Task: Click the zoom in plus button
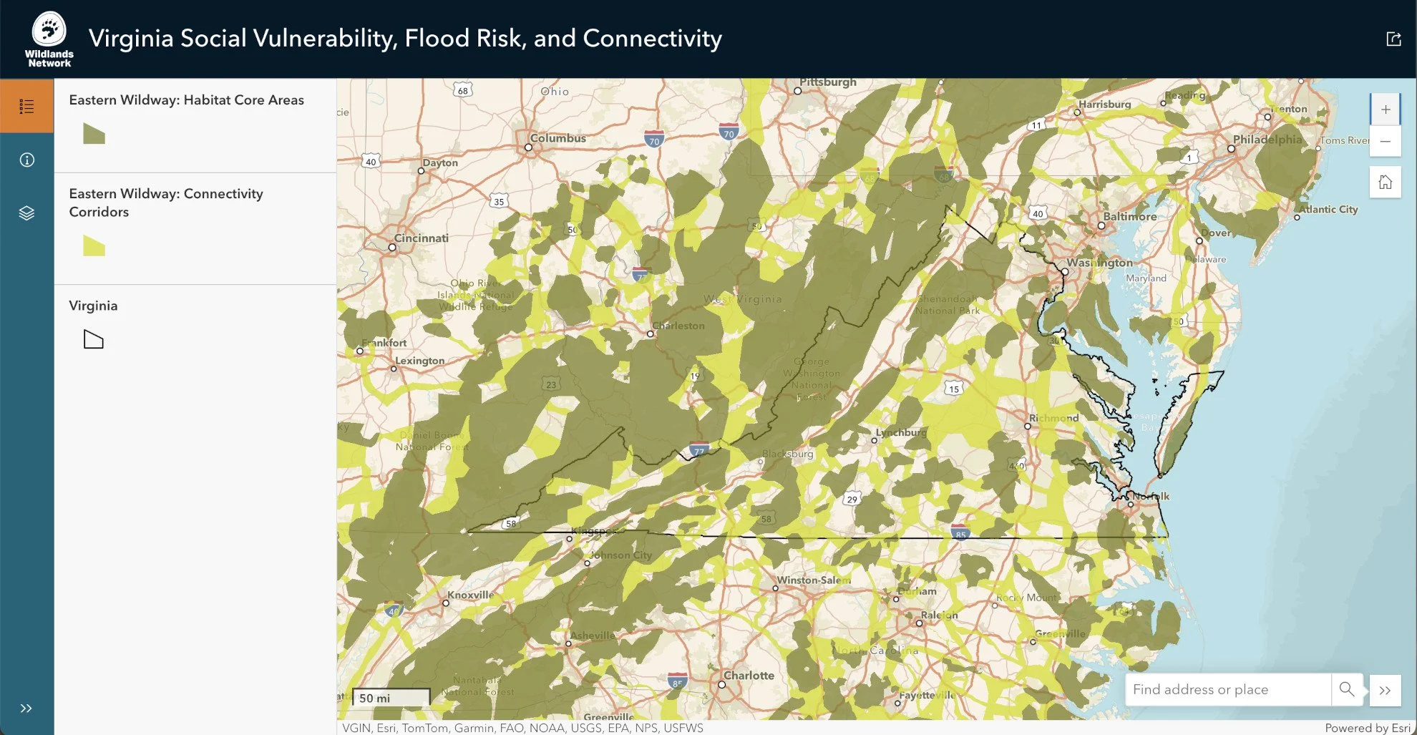(1386, 109)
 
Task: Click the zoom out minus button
(1386, 142)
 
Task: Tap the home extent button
(1386, 182)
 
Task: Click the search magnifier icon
(1346, 689)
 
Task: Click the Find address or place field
(1227, 689)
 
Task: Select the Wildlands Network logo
(49, 39)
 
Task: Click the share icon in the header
(1393, 39)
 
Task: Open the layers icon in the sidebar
(26, 213)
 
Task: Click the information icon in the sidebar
(26, 160)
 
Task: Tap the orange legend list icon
(26, 107)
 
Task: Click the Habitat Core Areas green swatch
(94, 134)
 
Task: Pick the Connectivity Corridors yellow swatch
(94, 245)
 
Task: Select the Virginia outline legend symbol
(94, 339)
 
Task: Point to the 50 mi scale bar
(391, 697)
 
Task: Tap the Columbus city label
(557, 138)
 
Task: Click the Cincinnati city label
(421, 238)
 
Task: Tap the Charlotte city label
(749, 676)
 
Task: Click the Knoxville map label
(470, 595)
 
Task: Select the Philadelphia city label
(1267, 140)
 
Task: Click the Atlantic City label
(1328, 209)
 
